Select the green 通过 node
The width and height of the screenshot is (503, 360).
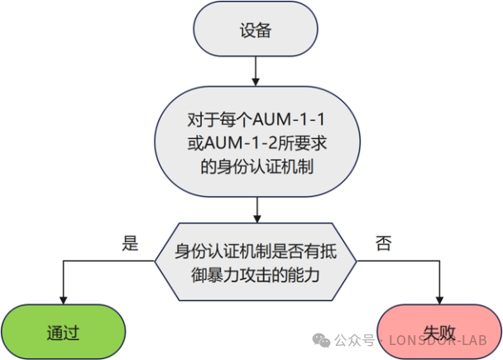coord(63,332)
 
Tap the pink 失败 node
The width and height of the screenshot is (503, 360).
coord(439,332)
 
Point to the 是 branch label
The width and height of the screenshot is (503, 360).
coord(130,242)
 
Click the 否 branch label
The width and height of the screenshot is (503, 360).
coord(383,242)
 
